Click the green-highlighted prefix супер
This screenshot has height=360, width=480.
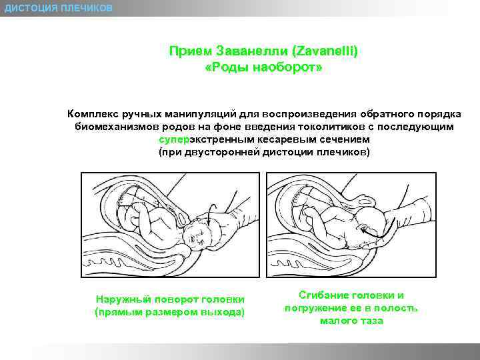(x=173, y=139)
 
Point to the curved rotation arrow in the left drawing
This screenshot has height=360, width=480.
(x=209, y=214)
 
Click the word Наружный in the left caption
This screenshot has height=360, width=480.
(x=120, y=299)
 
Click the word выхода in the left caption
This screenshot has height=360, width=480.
(x=225, y=312)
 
